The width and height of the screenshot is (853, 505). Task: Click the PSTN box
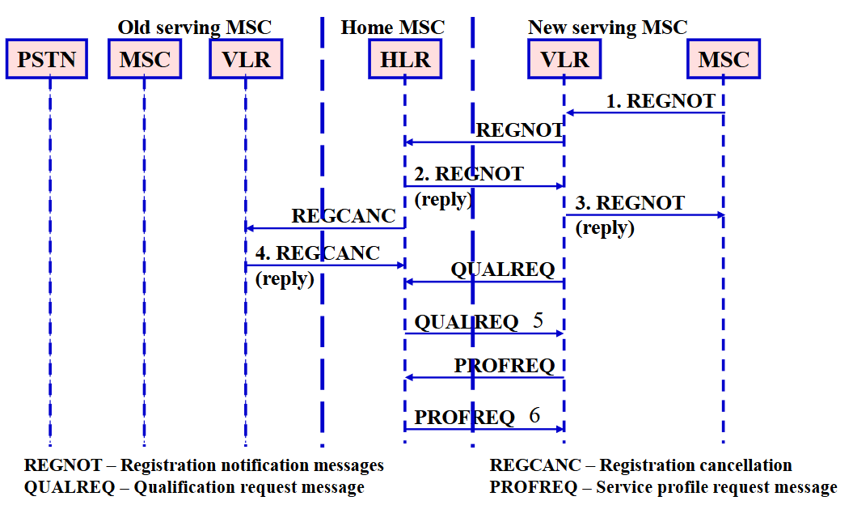coord(47,59)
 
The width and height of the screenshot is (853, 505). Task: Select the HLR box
coord(405,59)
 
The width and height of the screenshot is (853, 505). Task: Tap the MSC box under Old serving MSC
coord(145,59)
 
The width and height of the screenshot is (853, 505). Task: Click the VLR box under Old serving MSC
coord(246,59)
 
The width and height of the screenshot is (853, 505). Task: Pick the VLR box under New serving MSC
coord(564,59)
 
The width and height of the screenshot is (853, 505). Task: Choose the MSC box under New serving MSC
coord(724,59)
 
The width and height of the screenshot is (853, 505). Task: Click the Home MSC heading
coord(393,28)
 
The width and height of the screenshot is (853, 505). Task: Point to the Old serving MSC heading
coord(195,28)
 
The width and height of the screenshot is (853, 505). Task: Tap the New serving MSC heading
coord(608,28)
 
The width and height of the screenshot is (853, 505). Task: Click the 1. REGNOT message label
coord(661,101)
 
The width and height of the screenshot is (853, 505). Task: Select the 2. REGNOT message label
coord(469,174)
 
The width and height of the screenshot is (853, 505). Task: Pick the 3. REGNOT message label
coord(630,202)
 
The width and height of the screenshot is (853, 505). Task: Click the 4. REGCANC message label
coord(318,252)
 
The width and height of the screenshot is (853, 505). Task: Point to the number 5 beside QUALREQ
coord(538,320)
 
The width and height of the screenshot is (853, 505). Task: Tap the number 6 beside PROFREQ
coord(534,416)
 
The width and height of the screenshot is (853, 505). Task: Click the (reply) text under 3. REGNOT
coord(605,227)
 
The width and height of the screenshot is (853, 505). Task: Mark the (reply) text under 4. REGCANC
coord(285,279)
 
